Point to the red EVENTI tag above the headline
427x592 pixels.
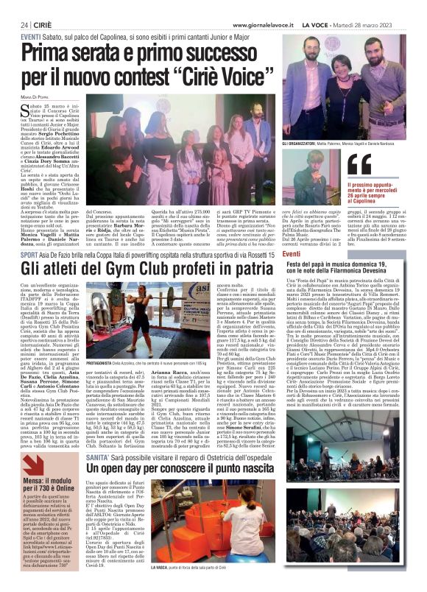click(x=31, y=35)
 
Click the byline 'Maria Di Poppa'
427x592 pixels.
click(x=35, y=97)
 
